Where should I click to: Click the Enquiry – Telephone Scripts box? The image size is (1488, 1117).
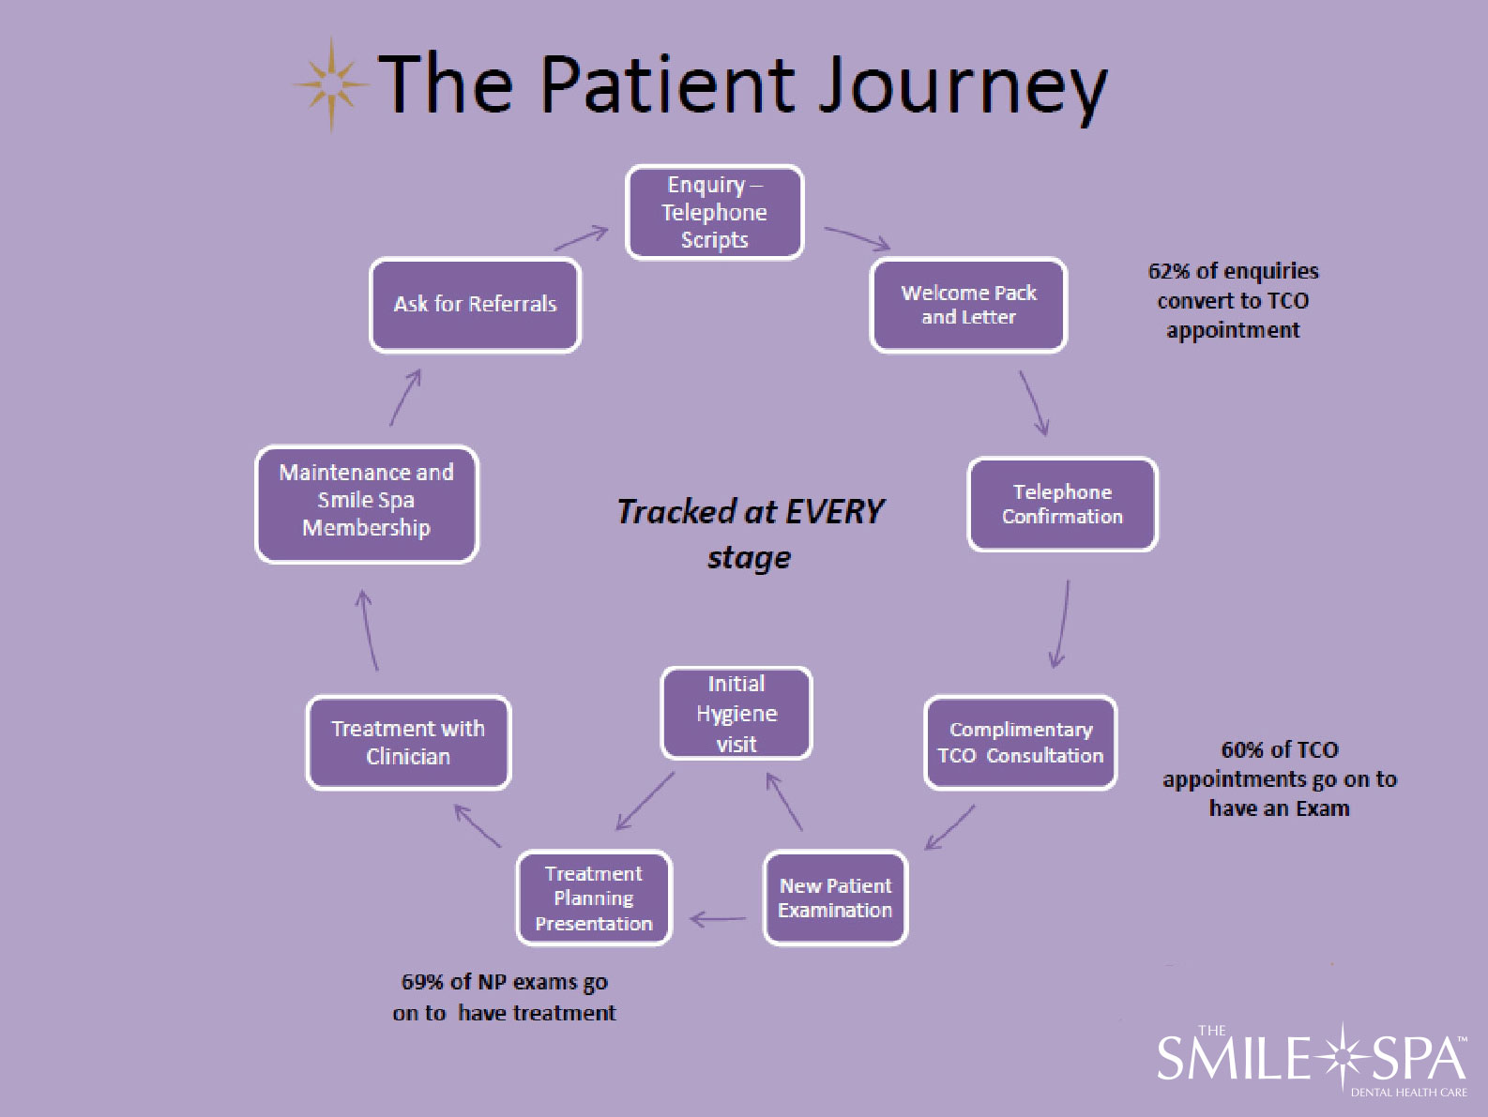pos(715,213)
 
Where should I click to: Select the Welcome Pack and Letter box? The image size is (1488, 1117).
pos(969,305)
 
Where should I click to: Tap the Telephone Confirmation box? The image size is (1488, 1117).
pos(1062,504)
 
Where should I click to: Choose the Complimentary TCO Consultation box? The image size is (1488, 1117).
pos(1020,743)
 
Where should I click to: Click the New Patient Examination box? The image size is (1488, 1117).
pos(835,898)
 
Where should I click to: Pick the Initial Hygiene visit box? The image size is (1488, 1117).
pos(736,714)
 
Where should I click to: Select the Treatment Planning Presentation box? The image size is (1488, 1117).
pos(594,898)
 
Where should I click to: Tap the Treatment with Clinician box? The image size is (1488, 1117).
pos(408,743)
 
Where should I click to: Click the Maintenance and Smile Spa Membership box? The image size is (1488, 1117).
pos(367,504)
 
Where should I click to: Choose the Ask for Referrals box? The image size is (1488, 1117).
pos(476,305)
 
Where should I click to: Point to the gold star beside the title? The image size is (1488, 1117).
pos(331,84)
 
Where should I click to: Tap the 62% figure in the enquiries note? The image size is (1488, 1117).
pos(1169,271)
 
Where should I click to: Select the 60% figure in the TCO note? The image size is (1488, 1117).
pos(1242,750)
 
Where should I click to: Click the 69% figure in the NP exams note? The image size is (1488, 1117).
pos(422,982)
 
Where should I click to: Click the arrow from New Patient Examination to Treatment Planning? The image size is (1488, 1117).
pos(718,919)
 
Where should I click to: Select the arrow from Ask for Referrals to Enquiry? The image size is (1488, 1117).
pos(581,238)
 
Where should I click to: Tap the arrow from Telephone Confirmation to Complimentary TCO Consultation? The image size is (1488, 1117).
pos(1061,624)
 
